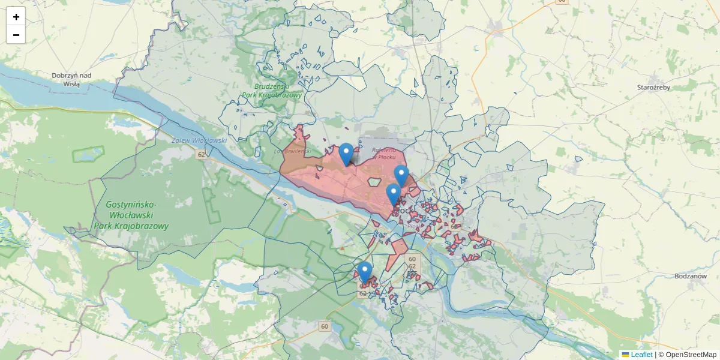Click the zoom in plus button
point(16,17)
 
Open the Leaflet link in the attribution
point(641,355)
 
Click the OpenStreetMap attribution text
point(691,355)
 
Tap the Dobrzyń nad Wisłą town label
point(71,79)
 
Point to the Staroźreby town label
point(653,87)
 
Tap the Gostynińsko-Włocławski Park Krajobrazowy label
point(131,215)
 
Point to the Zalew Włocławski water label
point(199,140)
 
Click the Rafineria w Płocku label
point(383,153)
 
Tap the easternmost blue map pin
point(401,175)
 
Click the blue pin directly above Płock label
point(394,194)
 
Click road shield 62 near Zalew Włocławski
point(202,154)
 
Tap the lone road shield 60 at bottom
point(325,326)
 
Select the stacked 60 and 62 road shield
point(412,262)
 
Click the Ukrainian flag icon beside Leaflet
point(625,355)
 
